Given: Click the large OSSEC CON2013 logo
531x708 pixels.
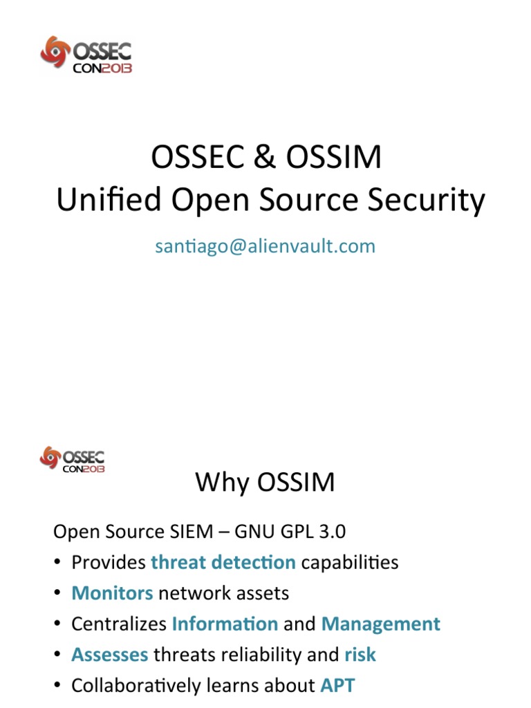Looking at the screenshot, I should [86, 55].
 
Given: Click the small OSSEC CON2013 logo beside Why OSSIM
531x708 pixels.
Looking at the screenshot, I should [73, 459].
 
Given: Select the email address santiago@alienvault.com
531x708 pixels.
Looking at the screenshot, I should [265, 245].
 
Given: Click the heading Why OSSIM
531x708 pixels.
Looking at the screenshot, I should [265, 481].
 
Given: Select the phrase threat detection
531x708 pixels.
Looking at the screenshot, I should [223, 562].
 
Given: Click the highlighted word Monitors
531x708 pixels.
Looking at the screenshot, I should [112, 593].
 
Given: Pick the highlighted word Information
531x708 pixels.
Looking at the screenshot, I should [225, 624].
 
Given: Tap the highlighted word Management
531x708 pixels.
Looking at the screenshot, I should [380, 624].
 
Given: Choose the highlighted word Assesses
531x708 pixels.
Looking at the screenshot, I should [110, 654].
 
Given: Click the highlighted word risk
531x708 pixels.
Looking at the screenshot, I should [360, 654].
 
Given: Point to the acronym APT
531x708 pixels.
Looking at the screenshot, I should [337, 685].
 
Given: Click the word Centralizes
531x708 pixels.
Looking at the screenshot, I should [119, 624].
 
